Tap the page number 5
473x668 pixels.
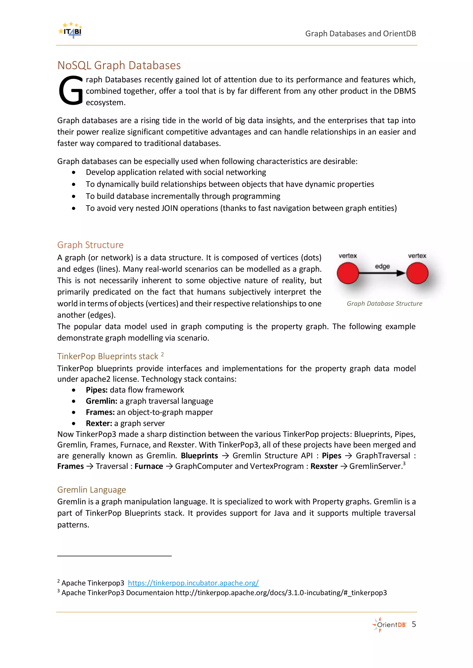(414, 624)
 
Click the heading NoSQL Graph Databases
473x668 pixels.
(119, 66)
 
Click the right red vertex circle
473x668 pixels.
(417, 273)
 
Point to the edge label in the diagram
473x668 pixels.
(382, 266)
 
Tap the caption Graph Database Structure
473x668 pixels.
(384, 304)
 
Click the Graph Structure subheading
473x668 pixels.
(90, 245)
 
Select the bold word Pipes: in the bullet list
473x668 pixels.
(97, 390)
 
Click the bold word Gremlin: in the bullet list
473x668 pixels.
(101, 401)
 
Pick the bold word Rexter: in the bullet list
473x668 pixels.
(99, 423)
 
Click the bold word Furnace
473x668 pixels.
(149, 466)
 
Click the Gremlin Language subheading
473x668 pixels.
(91, 490)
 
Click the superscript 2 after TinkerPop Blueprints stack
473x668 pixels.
(162, 354)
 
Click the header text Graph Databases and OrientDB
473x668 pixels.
(360, 34)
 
